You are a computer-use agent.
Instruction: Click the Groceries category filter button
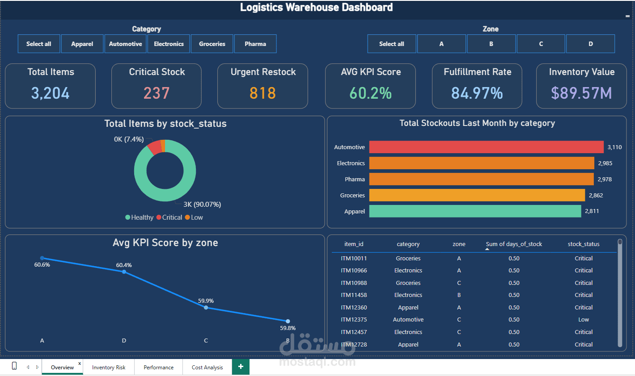[x=212, y=44]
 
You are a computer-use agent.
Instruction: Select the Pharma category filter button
[x=255, y=44]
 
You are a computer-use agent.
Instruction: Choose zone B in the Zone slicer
[x=491, y=44]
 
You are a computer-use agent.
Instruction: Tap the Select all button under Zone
[x=392, y=44]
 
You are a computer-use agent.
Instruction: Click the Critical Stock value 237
[x=157, y=93]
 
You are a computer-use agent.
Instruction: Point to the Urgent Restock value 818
[x=262, y=93]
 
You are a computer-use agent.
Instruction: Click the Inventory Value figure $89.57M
[x=581, y=93]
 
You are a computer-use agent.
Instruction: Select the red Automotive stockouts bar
[x=486, y=147]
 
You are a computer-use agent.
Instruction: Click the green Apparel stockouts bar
[x=475, y=211]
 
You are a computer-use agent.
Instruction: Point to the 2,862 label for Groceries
[x=596, y=195]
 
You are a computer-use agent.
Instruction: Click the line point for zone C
[x=206, y=308]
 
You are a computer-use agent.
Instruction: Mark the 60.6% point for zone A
[x=42, y=258]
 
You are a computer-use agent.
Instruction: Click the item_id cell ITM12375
[x=354, y=320]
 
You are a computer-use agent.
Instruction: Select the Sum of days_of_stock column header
[x=514, y=244]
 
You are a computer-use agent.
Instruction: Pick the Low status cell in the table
[x=584, y=320]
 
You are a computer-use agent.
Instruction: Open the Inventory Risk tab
[x=109, y=368]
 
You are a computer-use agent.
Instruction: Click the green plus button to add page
[x=241, y=367]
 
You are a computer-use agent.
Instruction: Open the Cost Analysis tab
[x=207, y=368]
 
